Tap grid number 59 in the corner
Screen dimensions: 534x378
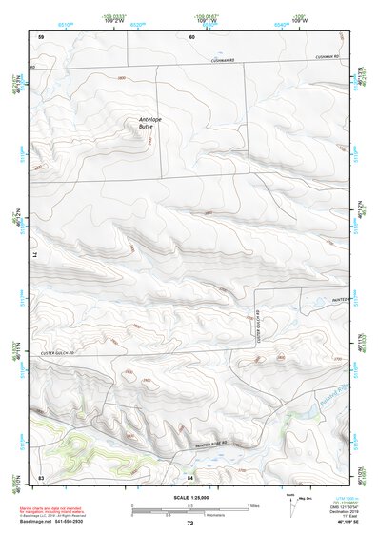[41, 36]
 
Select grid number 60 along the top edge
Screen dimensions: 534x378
[190, 36]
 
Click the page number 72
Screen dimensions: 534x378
[189, 523]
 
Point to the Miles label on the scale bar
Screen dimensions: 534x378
[254, 504]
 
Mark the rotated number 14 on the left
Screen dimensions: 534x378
[40, 254]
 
